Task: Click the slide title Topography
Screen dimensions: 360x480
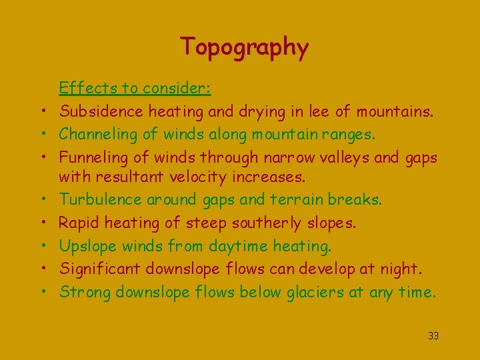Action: pos(244,47)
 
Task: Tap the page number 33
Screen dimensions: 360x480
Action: pos(433,336)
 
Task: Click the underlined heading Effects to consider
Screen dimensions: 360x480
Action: pos(135,87)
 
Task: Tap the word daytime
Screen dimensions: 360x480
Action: pos(237,247)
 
